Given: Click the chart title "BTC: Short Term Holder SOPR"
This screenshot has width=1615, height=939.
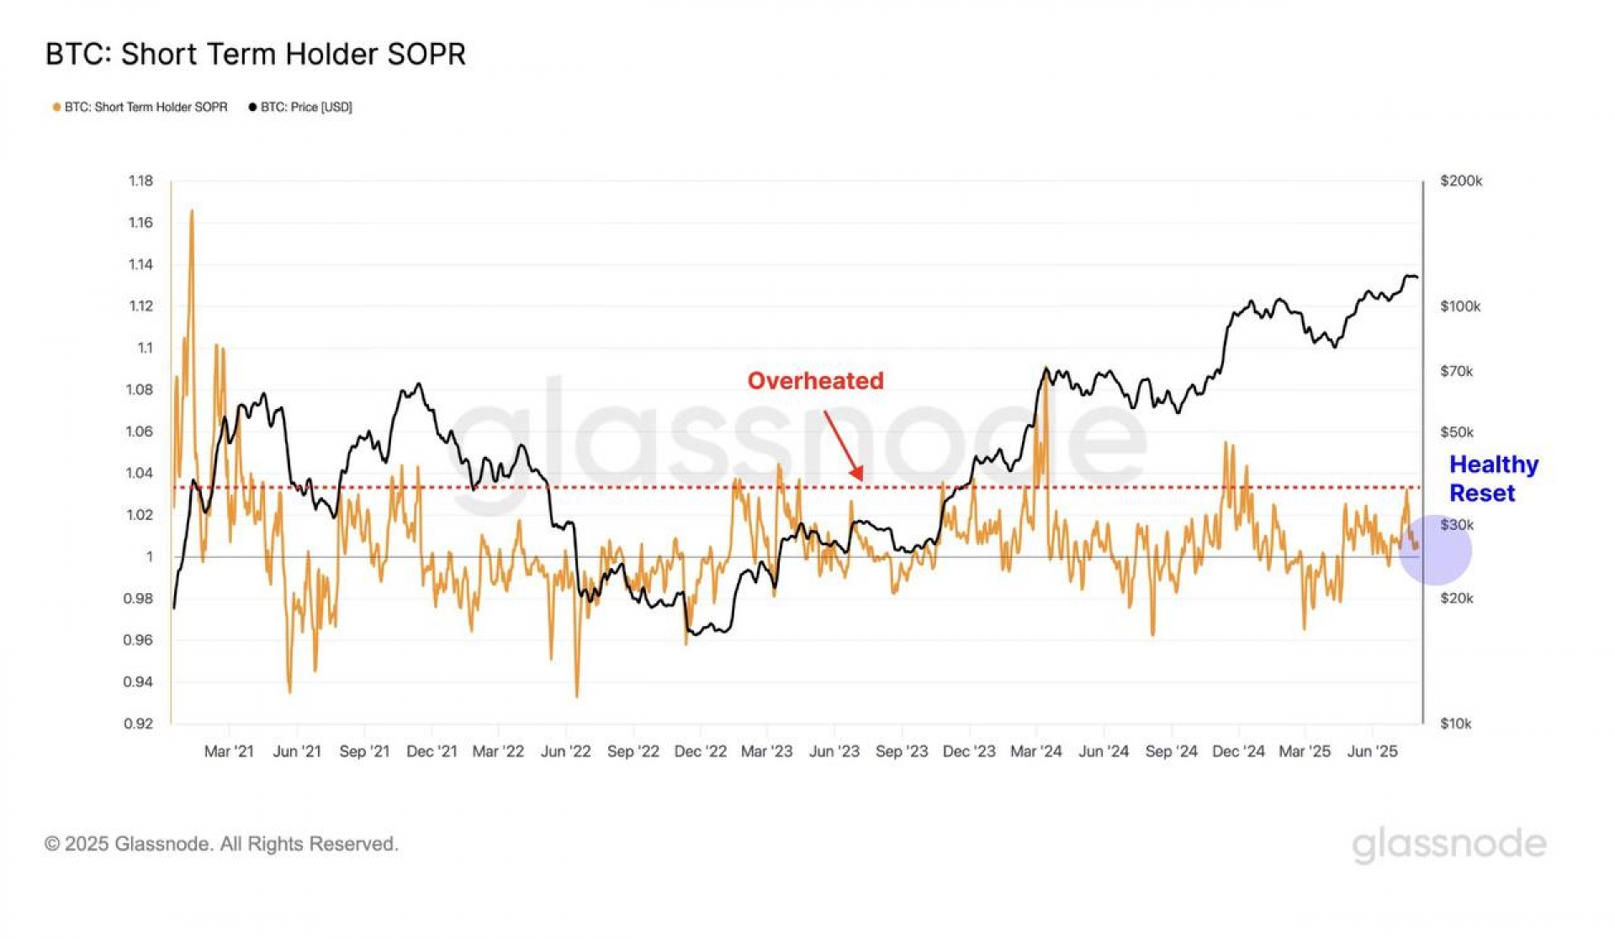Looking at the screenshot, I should (255, 54).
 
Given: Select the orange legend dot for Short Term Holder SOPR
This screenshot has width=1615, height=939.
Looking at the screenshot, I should (56, 107).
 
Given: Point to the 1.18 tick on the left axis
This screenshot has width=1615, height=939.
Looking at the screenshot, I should (140, 181).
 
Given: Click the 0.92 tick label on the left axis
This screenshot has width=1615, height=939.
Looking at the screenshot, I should (139, 724).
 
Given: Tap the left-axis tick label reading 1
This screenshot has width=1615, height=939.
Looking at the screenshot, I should (150, 556).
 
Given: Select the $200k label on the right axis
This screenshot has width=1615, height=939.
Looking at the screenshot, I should (1461, 181).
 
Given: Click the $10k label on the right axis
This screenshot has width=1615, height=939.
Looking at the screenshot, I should (1456, 724).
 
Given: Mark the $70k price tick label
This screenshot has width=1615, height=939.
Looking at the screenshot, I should (1457, 371).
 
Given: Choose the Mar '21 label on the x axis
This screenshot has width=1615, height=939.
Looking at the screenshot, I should (229, 751).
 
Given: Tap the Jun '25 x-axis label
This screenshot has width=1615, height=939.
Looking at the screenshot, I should (1372, 751).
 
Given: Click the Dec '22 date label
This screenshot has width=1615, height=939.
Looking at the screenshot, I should (700, 751).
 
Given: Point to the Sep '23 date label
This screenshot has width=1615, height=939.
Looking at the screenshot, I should (902, 751).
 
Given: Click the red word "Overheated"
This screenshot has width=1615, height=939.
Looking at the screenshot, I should (815, 381).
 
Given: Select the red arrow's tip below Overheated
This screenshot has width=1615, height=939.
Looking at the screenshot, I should (860, 479).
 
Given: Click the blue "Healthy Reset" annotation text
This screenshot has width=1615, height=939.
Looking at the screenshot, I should (1493, 478).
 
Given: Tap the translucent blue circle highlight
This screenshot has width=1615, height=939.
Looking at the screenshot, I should (1436, 551).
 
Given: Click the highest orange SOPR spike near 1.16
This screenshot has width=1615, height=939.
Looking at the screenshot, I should (192, 212).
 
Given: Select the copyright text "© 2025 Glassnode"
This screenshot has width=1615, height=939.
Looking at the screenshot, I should (221, 844).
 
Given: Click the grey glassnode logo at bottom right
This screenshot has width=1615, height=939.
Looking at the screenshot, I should (1448, 844).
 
